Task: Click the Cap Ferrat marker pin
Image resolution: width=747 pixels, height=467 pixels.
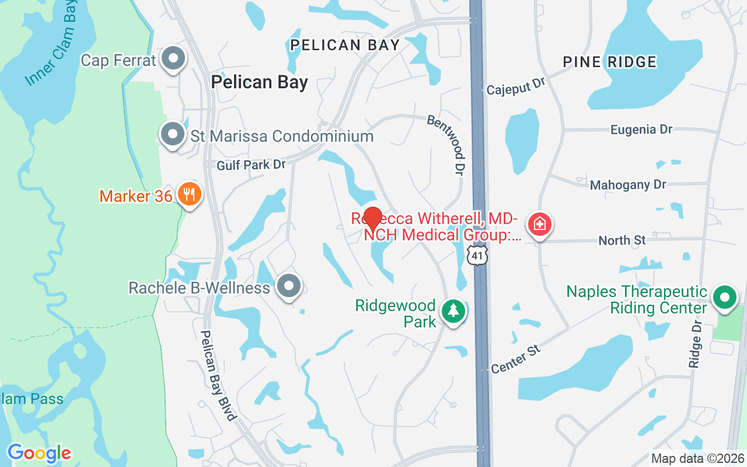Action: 173,59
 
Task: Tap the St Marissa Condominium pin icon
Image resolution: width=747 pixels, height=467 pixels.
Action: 173,134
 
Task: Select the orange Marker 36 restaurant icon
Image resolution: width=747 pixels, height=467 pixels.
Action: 189,194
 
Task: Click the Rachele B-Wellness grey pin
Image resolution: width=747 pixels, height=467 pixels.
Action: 288,286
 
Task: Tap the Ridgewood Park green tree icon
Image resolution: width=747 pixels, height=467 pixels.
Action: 453,311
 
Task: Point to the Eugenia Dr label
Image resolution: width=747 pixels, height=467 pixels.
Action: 641,130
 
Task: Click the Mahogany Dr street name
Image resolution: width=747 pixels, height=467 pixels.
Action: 628,185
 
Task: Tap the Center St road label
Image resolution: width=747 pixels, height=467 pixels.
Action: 516,358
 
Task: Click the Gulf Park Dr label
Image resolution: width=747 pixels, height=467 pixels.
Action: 251,165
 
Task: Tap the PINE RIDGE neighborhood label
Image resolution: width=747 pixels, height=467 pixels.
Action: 609,62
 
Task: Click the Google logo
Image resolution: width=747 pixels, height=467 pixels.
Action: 39,453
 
